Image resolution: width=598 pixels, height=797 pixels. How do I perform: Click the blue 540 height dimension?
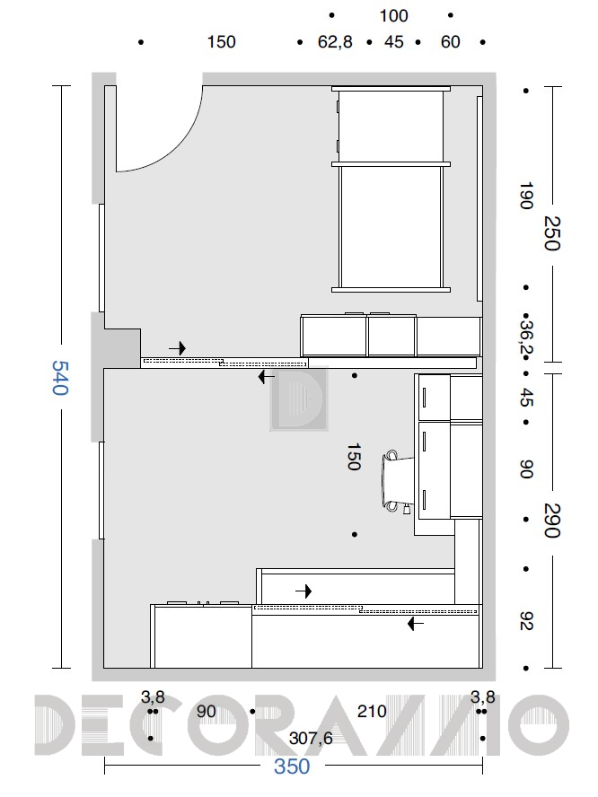point(60,378)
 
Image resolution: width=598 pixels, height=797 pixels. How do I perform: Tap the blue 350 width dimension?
point(292,766)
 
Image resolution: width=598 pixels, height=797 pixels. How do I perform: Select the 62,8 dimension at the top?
point(335,41)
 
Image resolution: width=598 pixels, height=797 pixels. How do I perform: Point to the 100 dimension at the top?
point(393,16)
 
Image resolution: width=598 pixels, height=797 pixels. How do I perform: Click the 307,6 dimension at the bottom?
point(311,738)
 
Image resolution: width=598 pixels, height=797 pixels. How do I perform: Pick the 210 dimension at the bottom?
point(372,711)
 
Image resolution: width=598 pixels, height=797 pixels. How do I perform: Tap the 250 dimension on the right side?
point(552,233)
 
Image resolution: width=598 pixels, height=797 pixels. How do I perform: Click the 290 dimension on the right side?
point(552,521)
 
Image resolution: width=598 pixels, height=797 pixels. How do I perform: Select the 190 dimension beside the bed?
point(526,195)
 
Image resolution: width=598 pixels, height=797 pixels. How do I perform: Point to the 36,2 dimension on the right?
point(526,336)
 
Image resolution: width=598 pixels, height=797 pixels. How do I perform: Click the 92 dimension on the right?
point(526,620)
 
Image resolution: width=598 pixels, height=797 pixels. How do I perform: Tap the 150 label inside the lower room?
point(354,457)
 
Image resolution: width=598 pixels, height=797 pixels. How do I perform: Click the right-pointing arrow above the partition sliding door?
point(178,348)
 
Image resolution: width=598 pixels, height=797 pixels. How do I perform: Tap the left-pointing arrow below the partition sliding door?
point(267,377)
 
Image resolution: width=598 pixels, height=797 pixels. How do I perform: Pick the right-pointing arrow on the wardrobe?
point(303,591)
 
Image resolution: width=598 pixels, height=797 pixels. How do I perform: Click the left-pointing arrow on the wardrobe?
point(416,624)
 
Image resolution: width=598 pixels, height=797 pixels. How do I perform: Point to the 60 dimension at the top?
point(450,41)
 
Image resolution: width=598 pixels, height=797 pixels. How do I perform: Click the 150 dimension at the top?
point(221,41)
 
